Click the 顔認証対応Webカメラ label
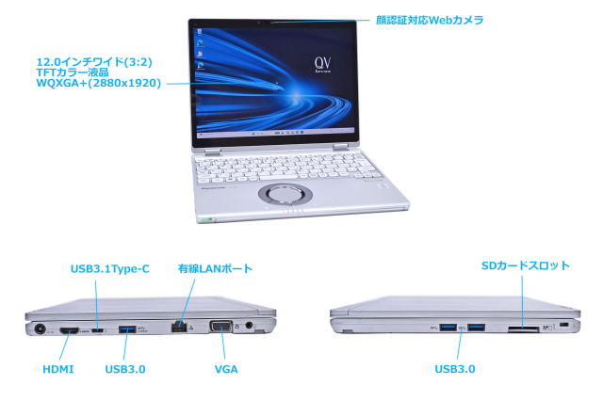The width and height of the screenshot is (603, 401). (x=430, y=20)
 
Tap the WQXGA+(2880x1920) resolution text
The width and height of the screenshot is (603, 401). (x=98, y=83)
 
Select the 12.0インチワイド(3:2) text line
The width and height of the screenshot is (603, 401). (x=94, y=62)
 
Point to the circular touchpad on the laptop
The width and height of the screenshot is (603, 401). (x=285, y=194)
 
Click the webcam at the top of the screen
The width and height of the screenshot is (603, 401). (x=271, y=23)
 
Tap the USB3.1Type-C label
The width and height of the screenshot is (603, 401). (x=110, y=269)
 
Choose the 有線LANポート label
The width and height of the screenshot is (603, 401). (x=215, y=268)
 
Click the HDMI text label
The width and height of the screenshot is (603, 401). (x=58, y=370)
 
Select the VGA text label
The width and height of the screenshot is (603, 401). (x=226, y=370)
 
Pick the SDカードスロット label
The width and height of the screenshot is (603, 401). (x=526, y=265)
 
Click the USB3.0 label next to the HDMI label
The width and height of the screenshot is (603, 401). (x=125, y=370)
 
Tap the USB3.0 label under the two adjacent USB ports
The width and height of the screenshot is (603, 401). (x=455, y=369)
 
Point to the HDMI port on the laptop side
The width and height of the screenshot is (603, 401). (x=69, y=330)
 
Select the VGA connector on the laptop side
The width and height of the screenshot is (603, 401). (x=220, y=326)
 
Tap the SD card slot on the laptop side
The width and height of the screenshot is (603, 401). (x=524, y=329)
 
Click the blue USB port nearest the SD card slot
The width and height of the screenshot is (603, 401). (x=476, y=328)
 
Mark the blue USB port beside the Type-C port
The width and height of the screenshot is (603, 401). (x=127, y=329)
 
